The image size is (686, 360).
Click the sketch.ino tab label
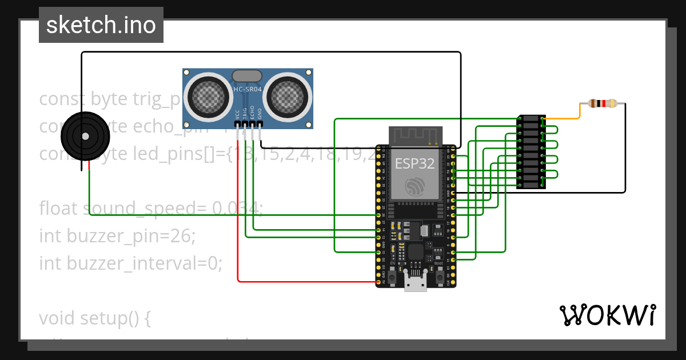click(x=101, y=25)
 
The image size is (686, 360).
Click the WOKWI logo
click(x=607, y=315)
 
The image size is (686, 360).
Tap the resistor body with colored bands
click(x=602, y=103)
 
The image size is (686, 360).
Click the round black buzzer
click(x=85, y=136)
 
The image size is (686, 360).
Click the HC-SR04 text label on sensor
click(x=248, y=89)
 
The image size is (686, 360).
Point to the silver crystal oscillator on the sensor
click(x=247, y=75)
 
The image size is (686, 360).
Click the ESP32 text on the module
click(x=415, y=163)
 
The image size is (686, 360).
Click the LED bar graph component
click(x=531, y=151)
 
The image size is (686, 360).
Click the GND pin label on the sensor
click(x=259, y=114)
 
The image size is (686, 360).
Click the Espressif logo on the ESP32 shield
click(x=415, y=186)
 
